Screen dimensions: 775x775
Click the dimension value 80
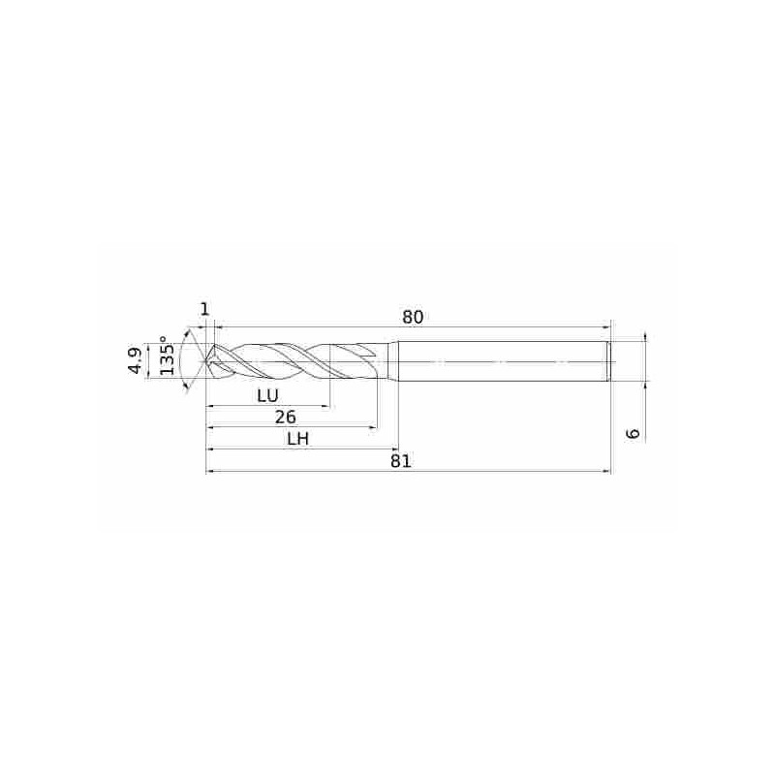413,318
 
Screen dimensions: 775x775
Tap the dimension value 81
401,461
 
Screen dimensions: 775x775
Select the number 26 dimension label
285,418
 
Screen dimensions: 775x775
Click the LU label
268,395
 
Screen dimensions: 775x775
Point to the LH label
298,439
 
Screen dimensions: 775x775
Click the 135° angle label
167,356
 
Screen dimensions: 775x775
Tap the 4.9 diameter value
135,360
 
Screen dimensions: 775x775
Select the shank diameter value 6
633,433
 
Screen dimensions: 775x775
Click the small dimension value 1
204,309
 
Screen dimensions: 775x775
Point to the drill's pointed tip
206,361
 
